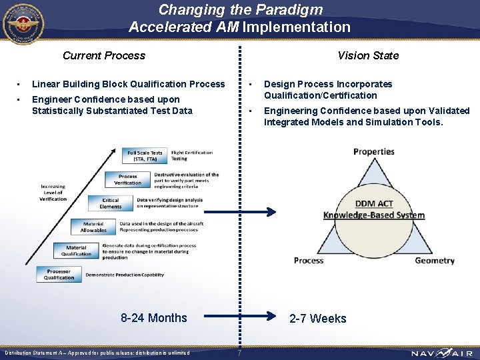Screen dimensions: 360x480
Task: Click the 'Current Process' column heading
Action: point(103,55)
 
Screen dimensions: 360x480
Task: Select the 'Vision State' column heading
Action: point(367,55)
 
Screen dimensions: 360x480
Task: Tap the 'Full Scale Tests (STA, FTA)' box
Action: point(145,156)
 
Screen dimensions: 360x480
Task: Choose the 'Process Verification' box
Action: point(127,180)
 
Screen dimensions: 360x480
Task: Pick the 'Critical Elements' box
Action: point(111,203)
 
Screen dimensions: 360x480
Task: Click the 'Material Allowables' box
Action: point(93,227)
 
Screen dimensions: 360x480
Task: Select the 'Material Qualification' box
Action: point(77,251)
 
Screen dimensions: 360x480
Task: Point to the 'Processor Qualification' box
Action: point(59,274)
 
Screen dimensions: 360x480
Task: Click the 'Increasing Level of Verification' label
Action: point(53,193)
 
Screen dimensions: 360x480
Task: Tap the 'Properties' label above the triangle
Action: point(373,151)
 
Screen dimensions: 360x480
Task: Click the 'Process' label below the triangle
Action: point(309,261)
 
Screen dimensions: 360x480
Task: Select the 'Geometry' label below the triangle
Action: point(434,261)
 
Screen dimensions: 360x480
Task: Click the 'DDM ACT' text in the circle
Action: point(374,203)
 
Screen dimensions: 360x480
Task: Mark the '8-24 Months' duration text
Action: point(154,318)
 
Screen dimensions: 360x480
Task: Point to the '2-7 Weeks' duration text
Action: point(318,319)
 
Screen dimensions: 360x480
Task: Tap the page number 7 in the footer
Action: point(239,353)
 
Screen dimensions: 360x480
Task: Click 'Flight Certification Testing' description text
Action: point(191,156)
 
